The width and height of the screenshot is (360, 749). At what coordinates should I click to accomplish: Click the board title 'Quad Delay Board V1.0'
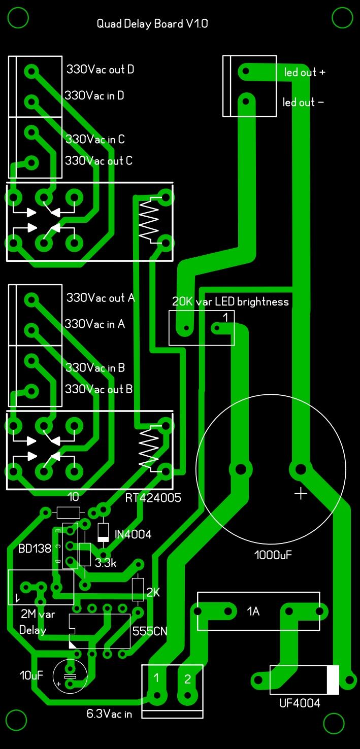[x=152, y=24]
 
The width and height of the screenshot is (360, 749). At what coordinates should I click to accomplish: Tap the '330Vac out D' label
[x=100, y=69]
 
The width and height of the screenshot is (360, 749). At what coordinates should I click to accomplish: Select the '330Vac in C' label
[x=95, y=139]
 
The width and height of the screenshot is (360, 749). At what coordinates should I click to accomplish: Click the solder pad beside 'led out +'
[x=246, y=71]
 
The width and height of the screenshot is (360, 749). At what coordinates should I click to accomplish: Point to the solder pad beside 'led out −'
[x=246, y=100]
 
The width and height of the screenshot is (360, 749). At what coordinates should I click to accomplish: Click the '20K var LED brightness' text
[x=230, y=301]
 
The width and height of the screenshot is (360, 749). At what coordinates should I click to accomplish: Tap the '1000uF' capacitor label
[x=273, y=555]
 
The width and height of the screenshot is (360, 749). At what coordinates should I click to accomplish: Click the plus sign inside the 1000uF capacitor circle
[x=301, y=493]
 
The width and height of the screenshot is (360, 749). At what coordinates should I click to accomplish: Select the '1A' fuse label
[x=253, y=611]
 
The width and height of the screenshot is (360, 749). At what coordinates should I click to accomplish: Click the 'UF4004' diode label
[x=300, y=703]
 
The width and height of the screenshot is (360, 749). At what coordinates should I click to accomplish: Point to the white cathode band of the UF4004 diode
[x=333, y=680]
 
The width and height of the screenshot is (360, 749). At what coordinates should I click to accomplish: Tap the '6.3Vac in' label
[x=109, y=714]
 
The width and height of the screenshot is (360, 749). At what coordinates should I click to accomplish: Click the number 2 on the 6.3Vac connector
[x=187, y=679]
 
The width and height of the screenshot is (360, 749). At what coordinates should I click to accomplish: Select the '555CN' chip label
[x=150, y=631]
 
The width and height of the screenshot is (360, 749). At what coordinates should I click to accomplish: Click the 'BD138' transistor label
[x=35, y=549]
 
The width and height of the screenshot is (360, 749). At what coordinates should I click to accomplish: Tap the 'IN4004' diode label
[x=133, y=534]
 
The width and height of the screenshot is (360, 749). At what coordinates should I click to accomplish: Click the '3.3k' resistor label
[x=106, y=563]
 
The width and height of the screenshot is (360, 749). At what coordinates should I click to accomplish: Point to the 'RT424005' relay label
[x=153, y=498]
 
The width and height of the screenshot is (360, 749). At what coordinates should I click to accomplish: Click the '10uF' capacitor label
[x=31, y=675]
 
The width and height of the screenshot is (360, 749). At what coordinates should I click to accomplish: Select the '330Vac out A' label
[x=101, y=297]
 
